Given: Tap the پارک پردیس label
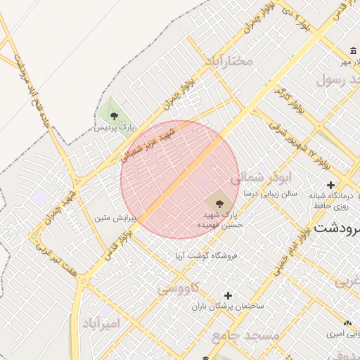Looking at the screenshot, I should pos(115,128).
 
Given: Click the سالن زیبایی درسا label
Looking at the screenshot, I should pos(271,192).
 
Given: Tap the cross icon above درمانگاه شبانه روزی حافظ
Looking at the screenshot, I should pos(331,185).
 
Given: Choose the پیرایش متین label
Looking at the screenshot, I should pos(117,218).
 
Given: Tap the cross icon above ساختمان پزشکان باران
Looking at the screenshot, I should pos(227,295).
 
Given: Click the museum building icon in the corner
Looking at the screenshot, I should pos(352,51).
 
